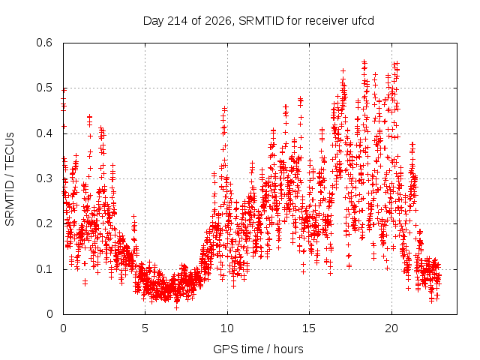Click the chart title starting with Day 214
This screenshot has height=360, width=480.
click(x=258, y=21)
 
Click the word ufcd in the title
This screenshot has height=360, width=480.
click(x=363, y=21)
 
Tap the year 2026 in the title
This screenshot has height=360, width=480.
click(x=218, y=21)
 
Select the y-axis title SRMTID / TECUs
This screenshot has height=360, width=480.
click(x=10, y=179)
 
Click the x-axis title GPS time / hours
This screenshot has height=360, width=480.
click(x=258, y=349)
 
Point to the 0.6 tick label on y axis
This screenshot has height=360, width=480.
click(x=44, y=43)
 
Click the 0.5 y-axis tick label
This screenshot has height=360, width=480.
click(x=44, y=88)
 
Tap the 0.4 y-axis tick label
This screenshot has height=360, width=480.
click(x=44, y=133)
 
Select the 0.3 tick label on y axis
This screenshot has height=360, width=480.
click(x=44, y=178)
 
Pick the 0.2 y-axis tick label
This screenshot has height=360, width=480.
click(x=44, y=223)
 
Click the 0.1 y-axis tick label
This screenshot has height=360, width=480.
click(x=44, y=269)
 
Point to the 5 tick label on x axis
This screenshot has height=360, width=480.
click(x=145, y=328)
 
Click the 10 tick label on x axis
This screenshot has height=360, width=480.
click(x=227, y=328)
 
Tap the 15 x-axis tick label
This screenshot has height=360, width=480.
click(x=309, y=328)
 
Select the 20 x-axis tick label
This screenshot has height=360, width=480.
click(x=391, y=328)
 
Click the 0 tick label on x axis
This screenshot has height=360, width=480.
click(x=63, y=328)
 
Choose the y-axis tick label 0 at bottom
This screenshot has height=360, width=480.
click(x=49, y=314)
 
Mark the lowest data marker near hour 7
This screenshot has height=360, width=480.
click(x=177, y=307)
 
